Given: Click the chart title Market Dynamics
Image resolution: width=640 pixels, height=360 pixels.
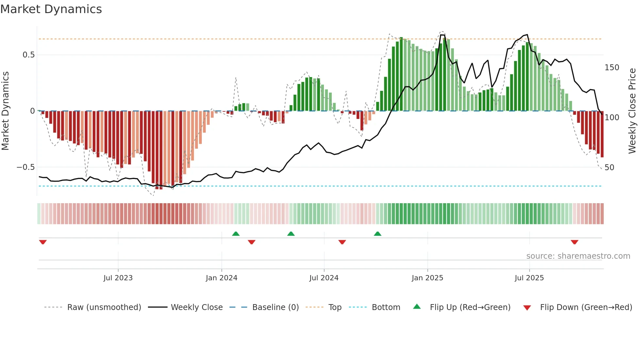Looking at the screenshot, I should [51, 9].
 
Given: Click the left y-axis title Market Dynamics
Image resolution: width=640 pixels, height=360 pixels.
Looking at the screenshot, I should [5, 111].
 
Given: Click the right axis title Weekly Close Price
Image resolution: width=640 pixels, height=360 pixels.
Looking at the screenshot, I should [632, 111].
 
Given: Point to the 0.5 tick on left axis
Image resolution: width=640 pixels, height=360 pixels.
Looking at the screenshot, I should [28, 55].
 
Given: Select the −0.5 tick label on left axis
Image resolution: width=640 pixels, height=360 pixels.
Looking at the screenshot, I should [26, 167].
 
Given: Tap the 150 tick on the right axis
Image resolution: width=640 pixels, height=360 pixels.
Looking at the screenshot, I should [612, 68].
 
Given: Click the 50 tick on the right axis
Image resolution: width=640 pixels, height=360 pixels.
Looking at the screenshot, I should [609, 168].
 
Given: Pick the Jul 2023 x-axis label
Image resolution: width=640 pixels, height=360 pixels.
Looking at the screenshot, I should [118, 278].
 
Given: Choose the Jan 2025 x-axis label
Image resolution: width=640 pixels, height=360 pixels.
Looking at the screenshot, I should [427, 278].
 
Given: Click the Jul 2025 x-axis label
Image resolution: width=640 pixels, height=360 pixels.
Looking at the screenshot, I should [529, 278].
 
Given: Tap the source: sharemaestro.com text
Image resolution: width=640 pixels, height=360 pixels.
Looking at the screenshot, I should [578, 256].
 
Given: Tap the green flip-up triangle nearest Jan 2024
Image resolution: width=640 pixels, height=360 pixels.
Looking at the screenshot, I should [236, 234].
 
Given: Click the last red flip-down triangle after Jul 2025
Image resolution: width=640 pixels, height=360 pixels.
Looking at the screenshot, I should [574, 242].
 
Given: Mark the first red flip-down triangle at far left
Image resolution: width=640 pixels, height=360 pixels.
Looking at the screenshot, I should [43, 242].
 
